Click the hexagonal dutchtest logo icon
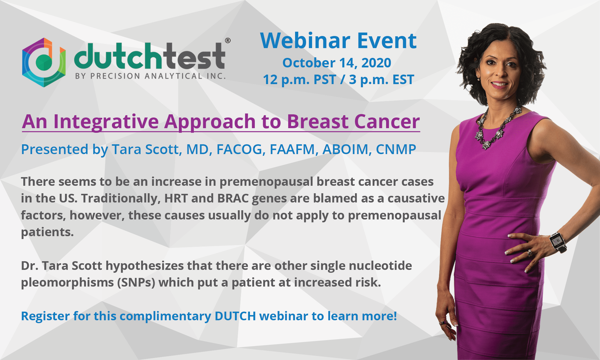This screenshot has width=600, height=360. [44, 62]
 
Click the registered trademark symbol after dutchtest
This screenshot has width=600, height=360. [227, 41]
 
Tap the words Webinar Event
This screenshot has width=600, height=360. [338, 41]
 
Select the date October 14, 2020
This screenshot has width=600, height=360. [337, 63]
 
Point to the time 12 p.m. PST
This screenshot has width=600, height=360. [299, 79]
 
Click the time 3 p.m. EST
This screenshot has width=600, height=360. [381, 79]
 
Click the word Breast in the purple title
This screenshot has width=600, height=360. [318, 121]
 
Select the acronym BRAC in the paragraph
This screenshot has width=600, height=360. [233, 198]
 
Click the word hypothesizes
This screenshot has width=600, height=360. [144, 266]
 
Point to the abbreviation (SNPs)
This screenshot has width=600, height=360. [136, 283]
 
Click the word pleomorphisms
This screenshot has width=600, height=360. [67, 283]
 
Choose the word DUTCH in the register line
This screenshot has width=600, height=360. [235, 316]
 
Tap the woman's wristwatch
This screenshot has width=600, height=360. [557, 241]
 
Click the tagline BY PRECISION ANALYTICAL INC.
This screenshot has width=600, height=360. [150, 76]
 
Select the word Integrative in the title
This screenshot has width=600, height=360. [106, 121]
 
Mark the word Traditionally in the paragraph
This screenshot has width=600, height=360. [121, 198]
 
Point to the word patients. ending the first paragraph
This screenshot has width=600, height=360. [47, 232]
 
